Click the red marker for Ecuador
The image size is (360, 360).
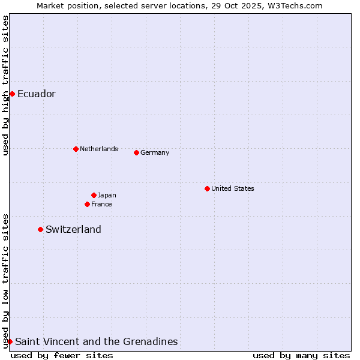click(x=12, y=94)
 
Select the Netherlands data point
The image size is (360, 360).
click(x=76, y=149)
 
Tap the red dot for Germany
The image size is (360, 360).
click(x=136, y=152)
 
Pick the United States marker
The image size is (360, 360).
click(x=207, y=188)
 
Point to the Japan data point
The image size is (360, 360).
click(x=94, y=195)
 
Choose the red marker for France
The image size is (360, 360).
click(x=87, y=204)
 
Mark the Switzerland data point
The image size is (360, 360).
click(x=40, y=229)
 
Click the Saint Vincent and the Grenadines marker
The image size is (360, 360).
click(x=10, y=341)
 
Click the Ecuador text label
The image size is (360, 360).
click(x=37, y=94)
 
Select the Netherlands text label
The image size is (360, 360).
click(x=99, y=149)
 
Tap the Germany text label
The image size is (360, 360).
click(x=155, y=152)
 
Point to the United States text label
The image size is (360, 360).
click(x=233, y=188)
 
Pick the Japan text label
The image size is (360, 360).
click(x=107, y=195)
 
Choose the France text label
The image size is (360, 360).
click(x=101, y=204)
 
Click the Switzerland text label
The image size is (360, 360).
click(x=73, y=229)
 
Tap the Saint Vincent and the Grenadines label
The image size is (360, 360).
click(x=96, y=341)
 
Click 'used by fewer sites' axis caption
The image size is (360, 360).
click(x=62, y=355)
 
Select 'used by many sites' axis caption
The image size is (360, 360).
click(x=301, y=355)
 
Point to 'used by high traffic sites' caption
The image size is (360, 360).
click(x=5, y=85)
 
